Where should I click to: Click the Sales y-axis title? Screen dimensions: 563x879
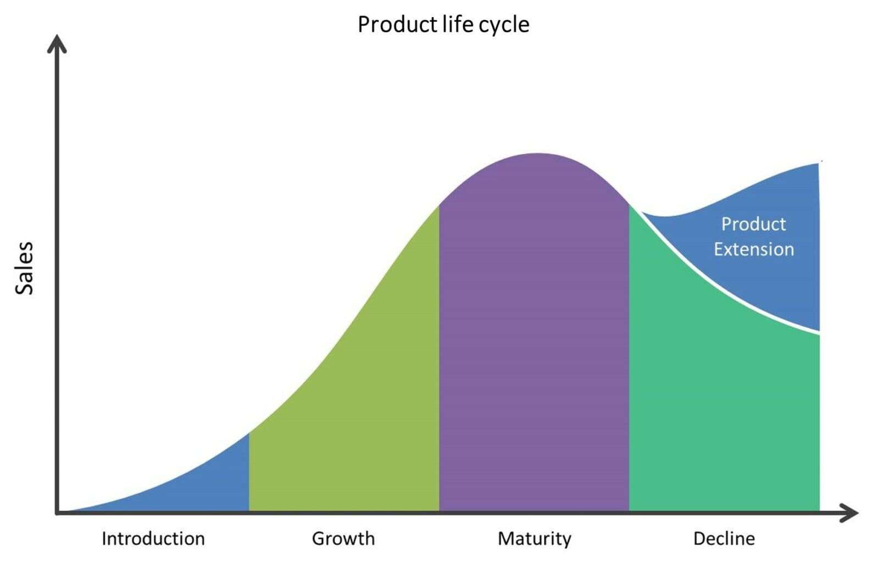click(x=24, y=268)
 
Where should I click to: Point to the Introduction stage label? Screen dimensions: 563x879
click(x=153, y=538)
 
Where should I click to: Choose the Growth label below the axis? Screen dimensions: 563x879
click(x=343, y=538)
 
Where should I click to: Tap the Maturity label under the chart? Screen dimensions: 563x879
click(x=534, y=538)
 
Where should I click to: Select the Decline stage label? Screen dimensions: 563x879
click(x=724, y=538)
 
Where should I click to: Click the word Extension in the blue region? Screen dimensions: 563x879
click(x=753, y=249)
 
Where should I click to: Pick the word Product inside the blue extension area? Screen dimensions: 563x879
click(x=753, y=224)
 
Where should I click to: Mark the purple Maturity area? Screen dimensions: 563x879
click(x=534, y=341)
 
